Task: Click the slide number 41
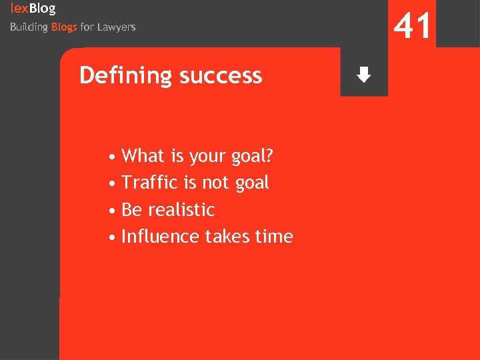(x=413, y=27)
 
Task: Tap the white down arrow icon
(x=363, y=75)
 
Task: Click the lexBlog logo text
(x=33, y=9)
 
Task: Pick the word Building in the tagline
(x=29, y=27)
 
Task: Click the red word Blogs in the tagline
(x=64, y=27)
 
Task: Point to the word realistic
(x=181, y=210)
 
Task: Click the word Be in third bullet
(x=132, y=210)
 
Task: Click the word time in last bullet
(x=274, y=237)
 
